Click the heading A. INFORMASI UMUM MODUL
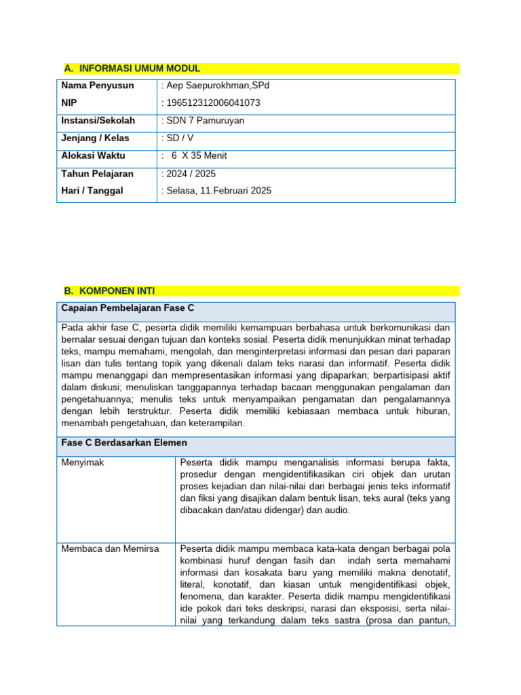(132, 69)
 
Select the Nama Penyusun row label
(98, 86)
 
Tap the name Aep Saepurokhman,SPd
(216, 86)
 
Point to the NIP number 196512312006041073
(213, 103)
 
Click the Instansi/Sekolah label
(98, 121)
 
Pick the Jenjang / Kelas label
(95, 138)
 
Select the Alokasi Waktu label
(93, 156)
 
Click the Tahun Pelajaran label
(98, 174)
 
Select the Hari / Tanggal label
(92, 191)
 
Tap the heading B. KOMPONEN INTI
(109, 290)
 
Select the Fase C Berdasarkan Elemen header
(124, 443)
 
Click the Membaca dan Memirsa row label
(110, 548)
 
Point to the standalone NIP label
(70, 103)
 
